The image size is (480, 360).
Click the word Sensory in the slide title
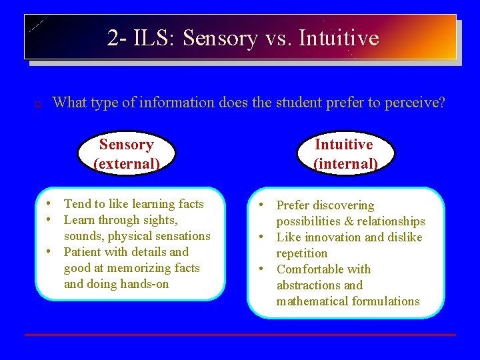tap(219, 38)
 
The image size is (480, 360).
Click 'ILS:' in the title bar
tap(155, 38)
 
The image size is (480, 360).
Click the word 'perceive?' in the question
tap(414, 103)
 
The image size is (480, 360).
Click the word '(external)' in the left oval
tap(126, 163)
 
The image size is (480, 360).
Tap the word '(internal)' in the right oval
tap(345, 163)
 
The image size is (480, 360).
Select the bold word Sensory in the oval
tap(126, 145)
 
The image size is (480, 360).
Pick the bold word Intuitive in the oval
tap(344, 145)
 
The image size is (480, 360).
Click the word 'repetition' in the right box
tap(302, 253)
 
